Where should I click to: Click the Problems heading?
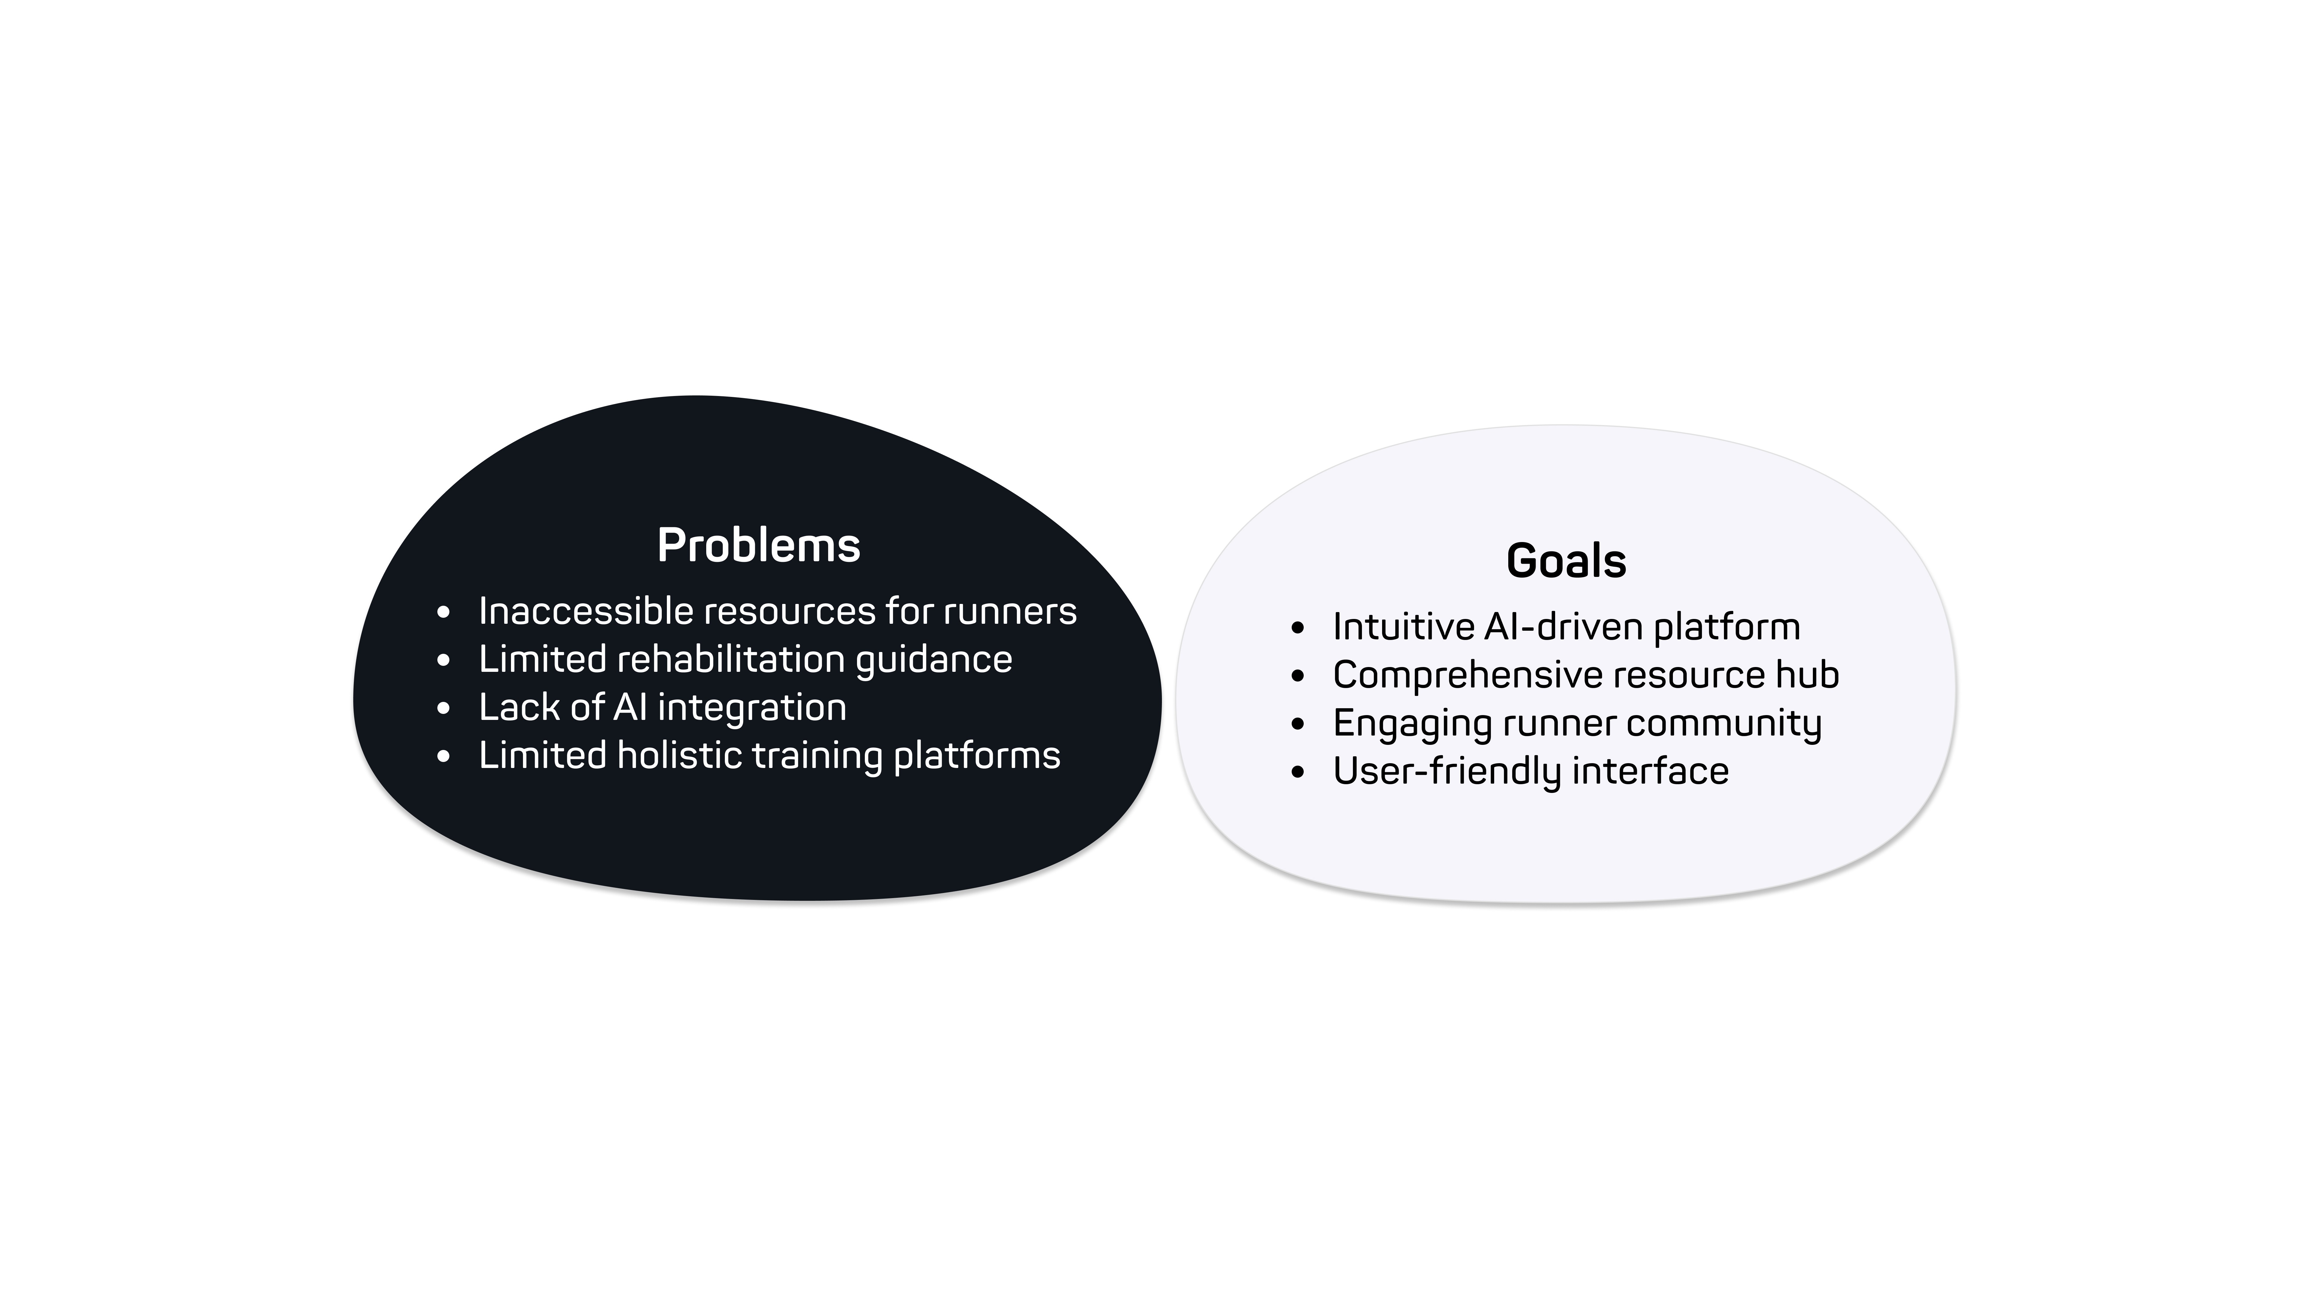(x=758, y=546)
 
